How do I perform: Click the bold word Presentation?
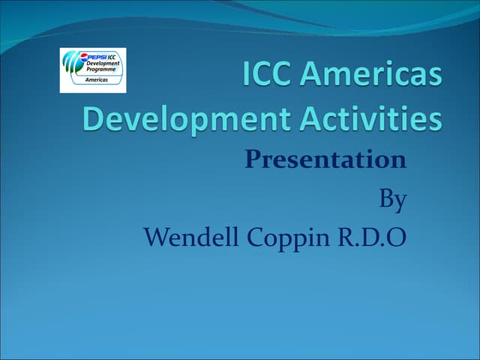coord(325,159)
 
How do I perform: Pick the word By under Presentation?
coord(392,199)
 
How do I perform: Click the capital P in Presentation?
coord(253,159)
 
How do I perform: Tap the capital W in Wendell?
coord(155,238)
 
